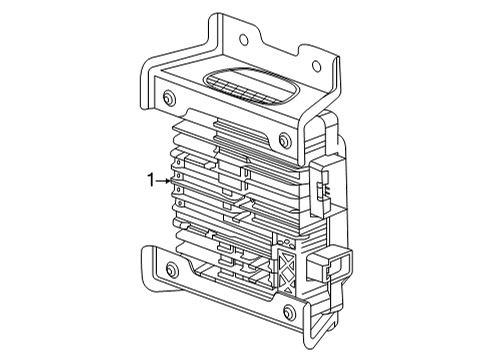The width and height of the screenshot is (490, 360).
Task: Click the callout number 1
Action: tap(150, 180)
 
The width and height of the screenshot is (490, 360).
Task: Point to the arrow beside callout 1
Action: tap(164, 180)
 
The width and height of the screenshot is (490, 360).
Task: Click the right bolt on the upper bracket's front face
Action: tap(285, 140)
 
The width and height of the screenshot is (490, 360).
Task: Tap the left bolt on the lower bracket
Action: tap(171, 270)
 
